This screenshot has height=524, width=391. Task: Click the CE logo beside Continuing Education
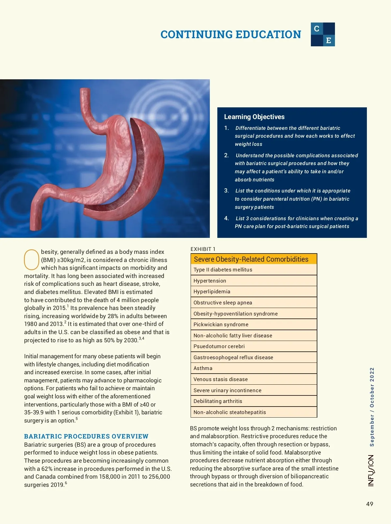tap(323, 34)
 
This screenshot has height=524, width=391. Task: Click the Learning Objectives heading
tap(254, 117)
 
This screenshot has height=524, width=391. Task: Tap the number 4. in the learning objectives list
tap(226, 218)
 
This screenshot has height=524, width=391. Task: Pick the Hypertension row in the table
tap(253, 281)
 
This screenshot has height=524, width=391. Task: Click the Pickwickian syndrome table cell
tap(253, 324)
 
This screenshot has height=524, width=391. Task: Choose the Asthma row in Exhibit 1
tap(253, 368)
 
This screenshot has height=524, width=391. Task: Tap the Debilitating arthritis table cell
tap(253, 401)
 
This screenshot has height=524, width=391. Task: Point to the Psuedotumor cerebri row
tap(253, 346)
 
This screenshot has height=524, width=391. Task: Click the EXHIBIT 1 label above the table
tap(203, 249)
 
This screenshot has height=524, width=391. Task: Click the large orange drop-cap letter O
tap(32, 260)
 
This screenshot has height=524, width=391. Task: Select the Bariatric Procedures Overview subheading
tap(86, 436)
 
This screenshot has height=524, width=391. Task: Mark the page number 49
tap(369, 504)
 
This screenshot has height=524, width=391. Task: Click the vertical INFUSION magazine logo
tap(371, 470)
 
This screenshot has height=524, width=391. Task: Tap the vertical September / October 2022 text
tap(372, 407)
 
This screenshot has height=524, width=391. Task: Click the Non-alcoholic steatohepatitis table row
tap(253, 412)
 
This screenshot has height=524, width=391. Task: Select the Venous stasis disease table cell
tap(253, 379)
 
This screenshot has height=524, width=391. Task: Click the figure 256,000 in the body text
tap(159, 476)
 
